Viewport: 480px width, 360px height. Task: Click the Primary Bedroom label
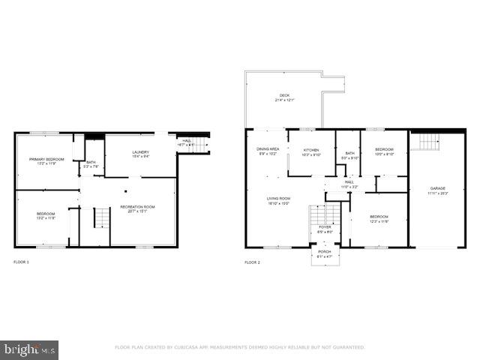tap(46, 160)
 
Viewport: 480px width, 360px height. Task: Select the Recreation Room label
tap(137, 208)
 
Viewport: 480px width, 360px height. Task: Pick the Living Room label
tap(278, 199)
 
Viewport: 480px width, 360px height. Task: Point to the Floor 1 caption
tap(21, 262)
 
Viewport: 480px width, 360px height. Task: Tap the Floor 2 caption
tap(252, 262)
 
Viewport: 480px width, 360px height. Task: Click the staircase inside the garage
tap(429, 142)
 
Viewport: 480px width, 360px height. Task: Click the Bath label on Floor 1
tap(91, 163)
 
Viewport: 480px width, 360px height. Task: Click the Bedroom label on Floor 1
tap(46, 216)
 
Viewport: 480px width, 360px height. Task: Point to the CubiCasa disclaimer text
tap(239, 347)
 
